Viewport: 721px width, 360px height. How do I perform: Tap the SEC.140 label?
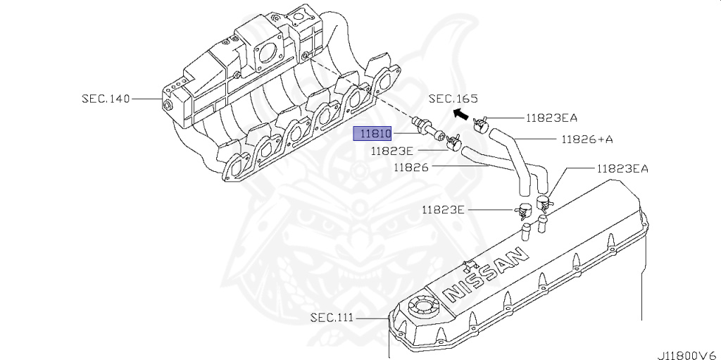pyautogui.click(x=106, y=99)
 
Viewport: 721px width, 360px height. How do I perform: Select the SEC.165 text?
pyautogui.click(x=453, y=99)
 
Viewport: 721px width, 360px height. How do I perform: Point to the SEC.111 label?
pyautogui.click(x=332, y=317)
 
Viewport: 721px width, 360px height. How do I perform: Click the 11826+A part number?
pyautogui.click(x=587, y=139)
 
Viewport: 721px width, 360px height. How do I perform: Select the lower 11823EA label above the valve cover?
pyautogui.click(x=622, y=168)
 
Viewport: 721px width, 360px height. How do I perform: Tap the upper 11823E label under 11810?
pyautogui.click(x=393, y=150)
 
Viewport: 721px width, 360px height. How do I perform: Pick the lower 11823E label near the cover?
pyautogui.click(x=444, y=209)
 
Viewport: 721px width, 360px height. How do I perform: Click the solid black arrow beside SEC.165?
pyautogui.click(x=460, y=113)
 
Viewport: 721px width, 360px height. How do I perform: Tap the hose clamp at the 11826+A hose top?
pyautogui.click(x=482, y=125)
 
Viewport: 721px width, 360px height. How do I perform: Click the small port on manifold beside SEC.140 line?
pyautogui.click(x=168, y=104)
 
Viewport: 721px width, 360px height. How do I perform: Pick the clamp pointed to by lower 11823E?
pyautogui.click(x=522, y=210)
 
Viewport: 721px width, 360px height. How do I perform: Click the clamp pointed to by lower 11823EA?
pyautogui.click(x=544, y=203)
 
